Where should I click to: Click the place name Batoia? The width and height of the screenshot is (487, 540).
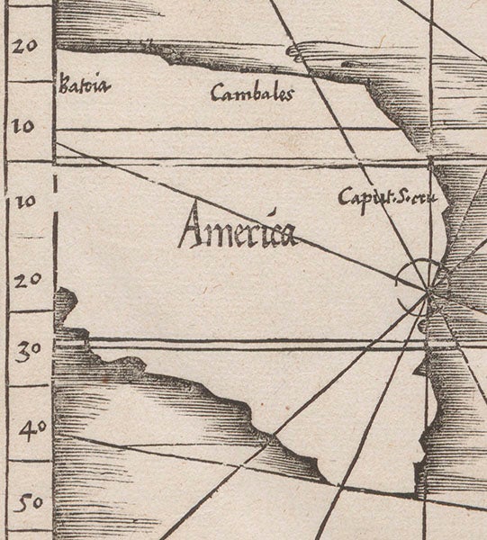point(77,88)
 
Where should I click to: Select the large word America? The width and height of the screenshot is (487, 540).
point(237,230)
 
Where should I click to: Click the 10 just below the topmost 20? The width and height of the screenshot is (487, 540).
point(23,127)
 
